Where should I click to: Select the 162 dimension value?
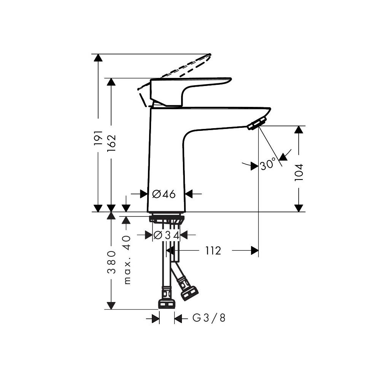point(111,143)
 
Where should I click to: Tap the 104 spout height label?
point(299,172)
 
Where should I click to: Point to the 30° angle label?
point(268,165)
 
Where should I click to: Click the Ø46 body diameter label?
point(164,194)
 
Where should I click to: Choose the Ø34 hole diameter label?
point(166,235)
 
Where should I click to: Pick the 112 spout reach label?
point(213,251)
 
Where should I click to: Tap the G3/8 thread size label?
point(209,318)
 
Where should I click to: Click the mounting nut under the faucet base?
point(167,219)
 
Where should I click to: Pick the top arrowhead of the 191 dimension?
point(99,57)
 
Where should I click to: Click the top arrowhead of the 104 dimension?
point(299,129)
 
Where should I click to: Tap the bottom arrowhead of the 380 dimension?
point(111,305)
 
